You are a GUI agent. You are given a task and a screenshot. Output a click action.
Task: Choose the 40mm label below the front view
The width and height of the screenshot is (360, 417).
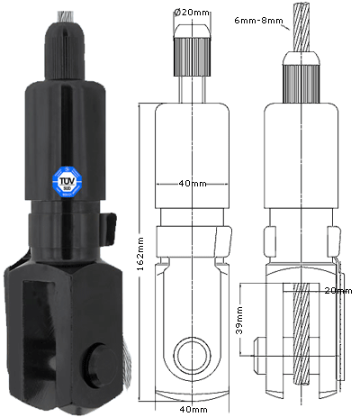(x=190, y=408)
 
